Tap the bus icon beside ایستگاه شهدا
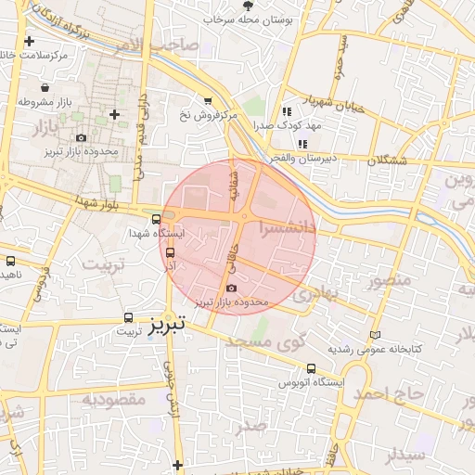click(156, 219)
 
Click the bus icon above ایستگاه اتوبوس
click(310, 367)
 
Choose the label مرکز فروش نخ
click(209, 115)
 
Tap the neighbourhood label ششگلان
click(387, 160)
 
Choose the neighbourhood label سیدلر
click(405, 455)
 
